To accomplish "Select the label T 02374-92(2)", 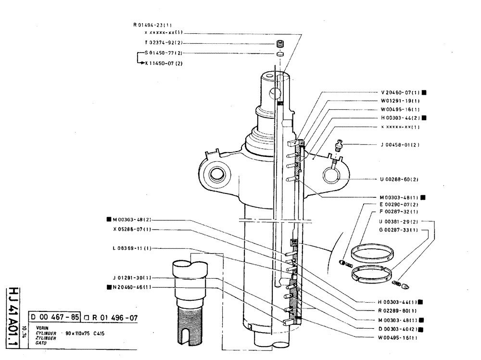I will (161, 43).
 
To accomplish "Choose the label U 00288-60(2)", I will (399, 179).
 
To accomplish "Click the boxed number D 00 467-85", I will (55, 317).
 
